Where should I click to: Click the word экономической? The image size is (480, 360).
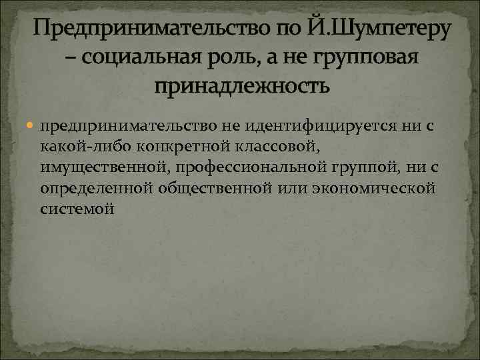[x=377, y=187]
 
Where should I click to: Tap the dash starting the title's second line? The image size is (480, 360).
[x=70, y=59]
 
